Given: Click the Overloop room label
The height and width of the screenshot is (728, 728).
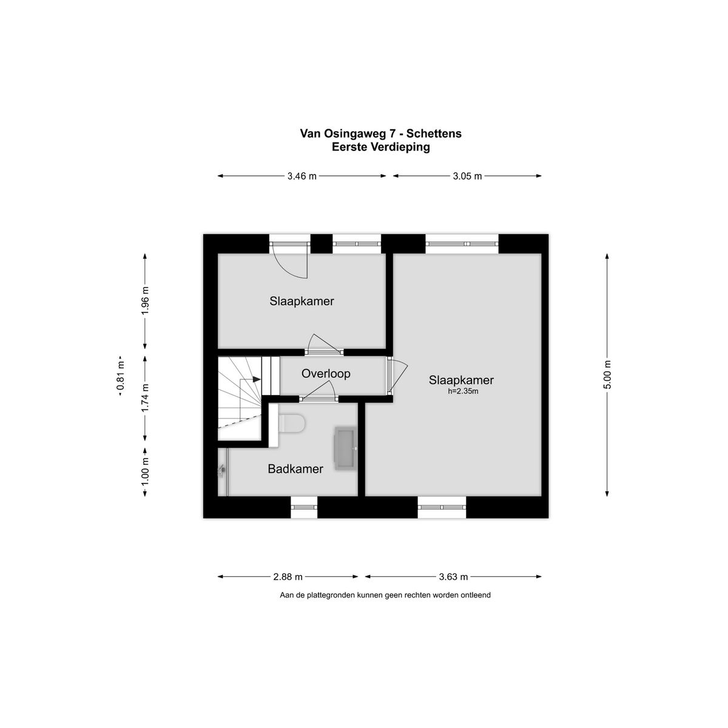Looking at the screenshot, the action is [326, 374].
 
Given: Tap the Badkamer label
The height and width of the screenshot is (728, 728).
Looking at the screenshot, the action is [295, 469].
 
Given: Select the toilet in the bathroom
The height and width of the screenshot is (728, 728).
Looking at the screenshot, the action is [291, 423].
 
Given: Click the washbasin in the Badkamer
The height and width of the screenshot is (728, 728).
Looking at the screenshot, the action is [345, 448].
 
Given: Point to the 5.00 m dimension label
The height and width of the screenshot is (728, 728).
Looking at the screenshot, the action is [607, 374].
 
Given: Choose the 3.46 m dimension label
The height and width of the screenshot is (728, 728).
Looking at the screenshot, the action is [302, 176].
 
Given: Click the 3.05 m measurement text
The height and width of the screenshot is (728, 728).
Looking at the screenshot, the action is [467, 176].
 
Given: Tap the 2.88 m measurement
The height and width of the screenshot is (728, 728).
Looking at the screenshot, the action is [288, 577].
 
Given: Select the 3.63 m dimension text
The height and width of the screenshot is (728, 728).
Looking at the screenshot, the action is [453, 577].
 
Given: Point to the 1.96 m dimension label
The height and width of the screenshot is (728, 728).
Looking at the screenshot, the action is [145, 301].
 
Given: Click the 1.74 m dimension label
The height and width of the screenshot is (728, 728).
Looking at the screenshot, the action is [145, 398].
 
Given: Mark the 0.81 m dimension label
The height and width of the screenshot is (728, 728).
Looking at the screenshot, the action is [121, 376].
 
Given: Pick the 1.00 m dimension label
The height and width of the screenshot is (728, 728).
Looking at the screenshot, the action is [145, 472].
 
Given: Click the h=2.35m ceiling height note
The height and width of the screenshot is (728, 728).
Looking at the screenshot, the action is [463, 391].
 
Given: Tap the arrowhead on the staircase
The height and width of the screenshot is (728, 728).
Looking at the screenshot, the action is [257, 379].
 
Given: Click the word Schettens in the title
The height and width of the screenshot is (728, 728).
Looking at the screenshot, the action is [434, 133].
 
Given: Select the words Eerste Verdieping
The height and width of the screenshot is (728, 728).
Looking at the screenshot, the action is [381, 147].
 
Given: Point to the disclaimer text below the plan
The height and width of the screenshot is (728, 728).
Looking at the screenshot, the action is [385, 595].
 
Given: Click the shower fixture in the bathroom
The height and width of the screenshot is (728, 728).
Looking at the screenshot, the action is [222, 470].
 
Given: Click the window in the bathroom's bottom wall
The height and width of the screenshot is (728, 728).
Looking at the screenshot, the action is [304, 507].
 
